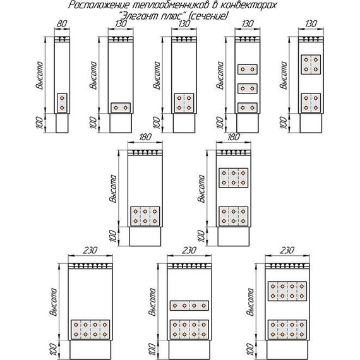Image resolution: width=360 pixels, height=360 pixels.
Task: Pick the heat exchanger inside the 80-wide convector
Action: pos(62,104)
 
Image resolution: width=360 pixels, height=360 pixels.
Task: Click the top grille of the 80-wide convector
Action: pos(62,40)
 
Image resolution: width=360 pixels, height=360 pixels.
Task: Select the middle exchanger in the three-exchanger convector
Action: pos(246,88)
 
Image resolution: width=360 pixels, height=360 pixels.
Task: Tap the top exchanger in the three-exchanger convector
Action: pos(246,68)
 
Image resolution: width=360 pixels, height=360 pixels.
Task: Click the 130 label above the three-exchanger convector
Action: pos(246,24)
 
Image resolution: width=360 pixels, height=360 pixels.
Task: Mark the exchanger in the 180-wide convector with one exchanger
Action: pos(145,217)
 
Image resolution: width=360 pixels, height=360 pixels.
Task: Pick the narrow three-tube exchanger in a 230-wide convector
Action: pos(189,306)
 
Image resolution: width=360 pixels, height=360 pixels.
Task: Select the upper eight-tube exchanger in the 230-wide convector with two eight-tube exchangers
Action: pos(287,291)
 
